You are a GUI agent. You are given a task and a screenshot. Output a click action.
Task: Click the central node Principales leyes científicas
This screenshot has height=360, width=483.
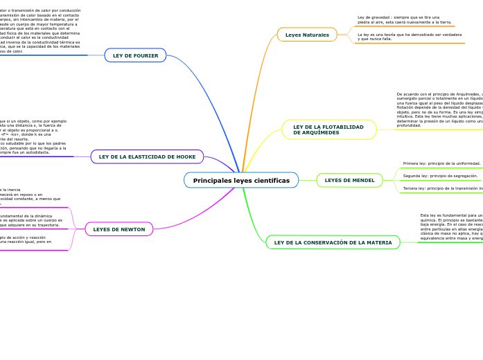pyautogui.click(x=241, y=180)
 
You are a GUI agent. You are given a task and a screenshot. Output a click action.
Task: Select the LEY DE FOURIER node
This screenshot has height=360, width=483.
pyautogui.click(x=135, y=55)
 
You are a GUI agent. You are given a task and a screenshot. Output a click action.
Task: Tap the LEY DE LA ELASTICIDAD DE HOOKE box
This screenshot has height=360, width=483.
pyautogui.click(x=147, y=156)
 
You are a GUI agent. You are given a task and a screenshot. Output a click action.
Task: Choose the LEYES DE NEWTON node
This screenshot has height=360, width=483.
pyautogui.click(x=119, y=229)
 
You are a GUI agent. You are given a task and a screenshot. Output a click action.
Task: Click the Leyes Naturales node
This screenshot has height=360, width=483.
pyautogui.click(x=307, y=35)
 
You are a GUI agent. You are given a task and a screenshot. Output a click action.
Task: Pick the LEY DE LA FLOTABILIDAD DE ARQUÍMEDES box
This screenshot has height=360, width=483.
pyautogui.click(x=328, y=129)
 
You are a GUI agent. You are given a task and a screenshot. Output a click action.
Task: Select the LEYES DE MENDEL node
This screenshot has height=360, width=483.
pyautogui.click(x=349, y=181)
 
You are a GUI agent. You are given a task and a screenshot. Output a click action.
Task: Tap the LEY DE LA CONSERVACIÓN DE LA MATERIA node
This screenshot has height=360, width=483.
pyautogui.click(x=333, y=242)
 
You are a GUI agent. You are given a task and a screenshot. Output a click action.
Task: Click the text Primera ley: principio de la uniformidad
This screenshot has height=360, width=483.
pyautogui.click(x=441, y=163)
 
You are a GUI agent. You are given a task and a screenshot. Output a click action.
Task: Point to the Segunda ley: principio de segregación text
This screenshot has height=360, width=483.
pyautogui.click(x=440, y=176)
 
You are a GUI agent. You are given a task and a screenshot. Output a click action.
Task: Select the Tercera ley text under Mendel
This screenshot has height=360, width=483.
pyautogui.click(x=442, y=188)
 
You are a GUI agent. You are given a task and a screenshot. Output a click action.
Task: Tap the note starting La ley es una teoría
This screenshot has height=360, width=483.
pyautogui.click(x=409, y=36)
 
